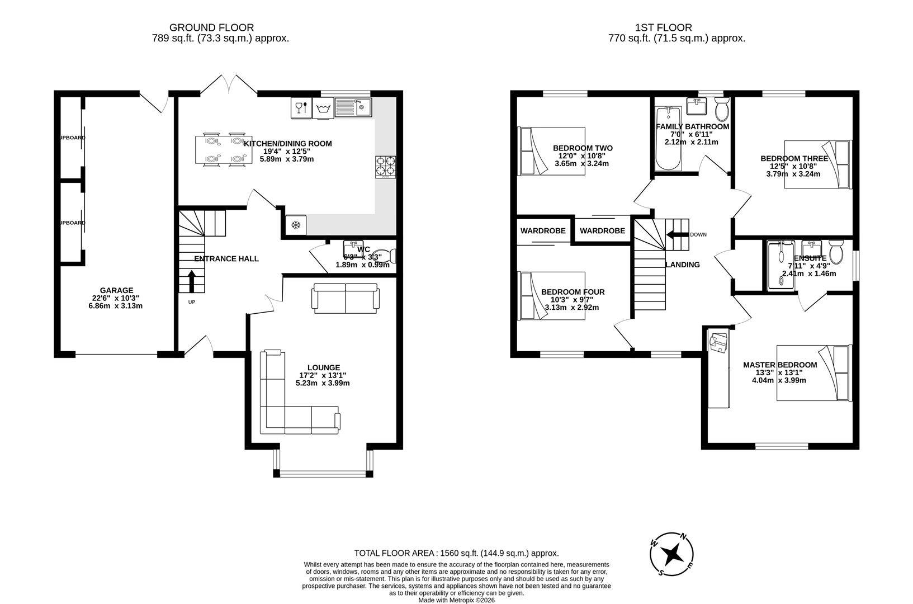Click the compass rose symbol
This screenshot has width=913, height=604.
coord(673,554)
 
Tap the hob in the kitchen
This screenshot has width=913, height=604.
coord(385,167)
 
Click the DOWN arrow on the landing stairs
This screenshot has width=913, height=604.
coord(677,234)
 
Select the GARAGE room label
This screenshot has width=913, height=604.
coord(116,290)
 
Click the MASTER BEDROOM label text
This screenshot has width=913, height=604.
coord(779,365)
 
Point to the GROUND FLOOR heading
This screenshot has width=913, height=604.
coord(211,27)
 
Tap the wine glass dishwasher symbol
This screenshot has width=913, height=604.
coord(301,107)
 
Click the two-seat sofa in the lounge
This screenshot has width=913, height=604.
coord(346,298)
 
